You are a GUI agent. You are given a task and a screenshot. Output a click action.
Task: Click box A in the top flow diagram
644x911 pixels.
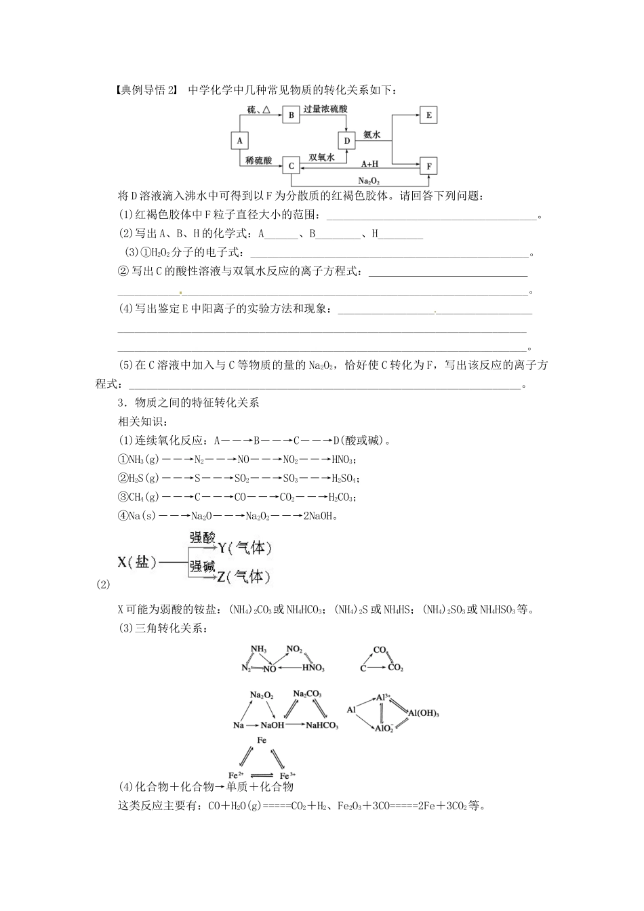[239, 140]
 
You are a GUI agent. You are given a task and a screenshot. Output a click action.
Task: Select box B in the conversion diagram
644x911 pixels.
[291, 115]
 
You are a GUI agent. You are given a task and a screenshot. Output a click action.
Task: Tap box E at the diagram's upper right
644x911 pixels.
[428, 115]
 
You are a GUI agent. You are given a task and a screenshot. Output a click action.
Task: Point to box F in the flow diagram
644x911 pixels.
[428, 166]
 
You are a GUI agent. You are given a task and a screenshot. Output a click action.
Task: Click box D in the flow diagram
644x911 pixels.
[346, 141]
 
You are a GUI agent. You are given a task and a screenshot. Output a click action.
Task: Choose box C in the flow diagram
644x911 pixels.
[291, 166]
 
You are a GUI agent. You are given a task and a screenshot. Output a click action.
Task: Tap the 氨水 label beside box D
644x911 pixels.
[372, 135]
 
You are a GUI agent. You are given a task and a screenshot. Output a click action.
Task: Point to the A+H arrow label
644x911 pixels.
[369, 163]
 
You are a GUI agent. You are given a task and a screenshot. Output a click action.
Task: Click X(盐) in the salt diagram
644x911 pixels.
[137, 562]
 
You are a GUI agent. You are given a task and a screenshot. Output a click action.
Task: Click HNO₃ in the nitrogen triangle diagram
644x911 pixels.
[313, 668]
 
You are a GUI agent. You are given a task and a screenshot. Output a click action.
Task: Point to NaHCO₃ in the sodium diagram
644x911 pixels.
[322, 725]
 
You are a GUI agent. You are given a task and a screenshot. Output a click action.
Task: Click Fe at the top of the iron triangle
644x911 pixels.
[262, 740]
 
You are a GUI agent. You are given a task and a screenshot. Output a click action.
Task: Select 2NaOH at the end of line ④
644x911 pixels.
[319, 515]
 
